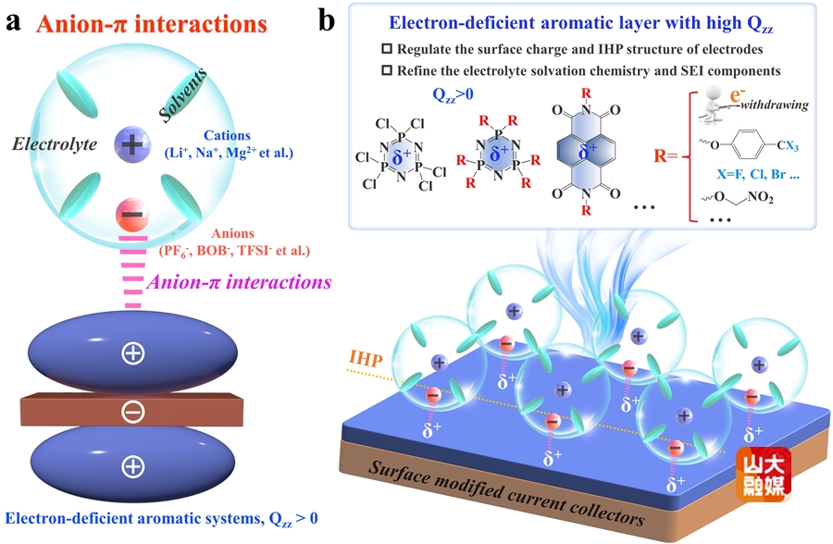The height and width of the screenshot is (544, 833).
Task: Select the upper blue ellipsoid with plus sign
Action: click(132, 352)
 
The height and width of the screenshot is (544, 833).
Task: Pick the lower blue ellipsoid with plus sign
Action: click(132, 465)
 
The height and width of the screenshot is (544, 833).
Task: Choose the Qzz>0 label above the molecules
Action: click(456, 94)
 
